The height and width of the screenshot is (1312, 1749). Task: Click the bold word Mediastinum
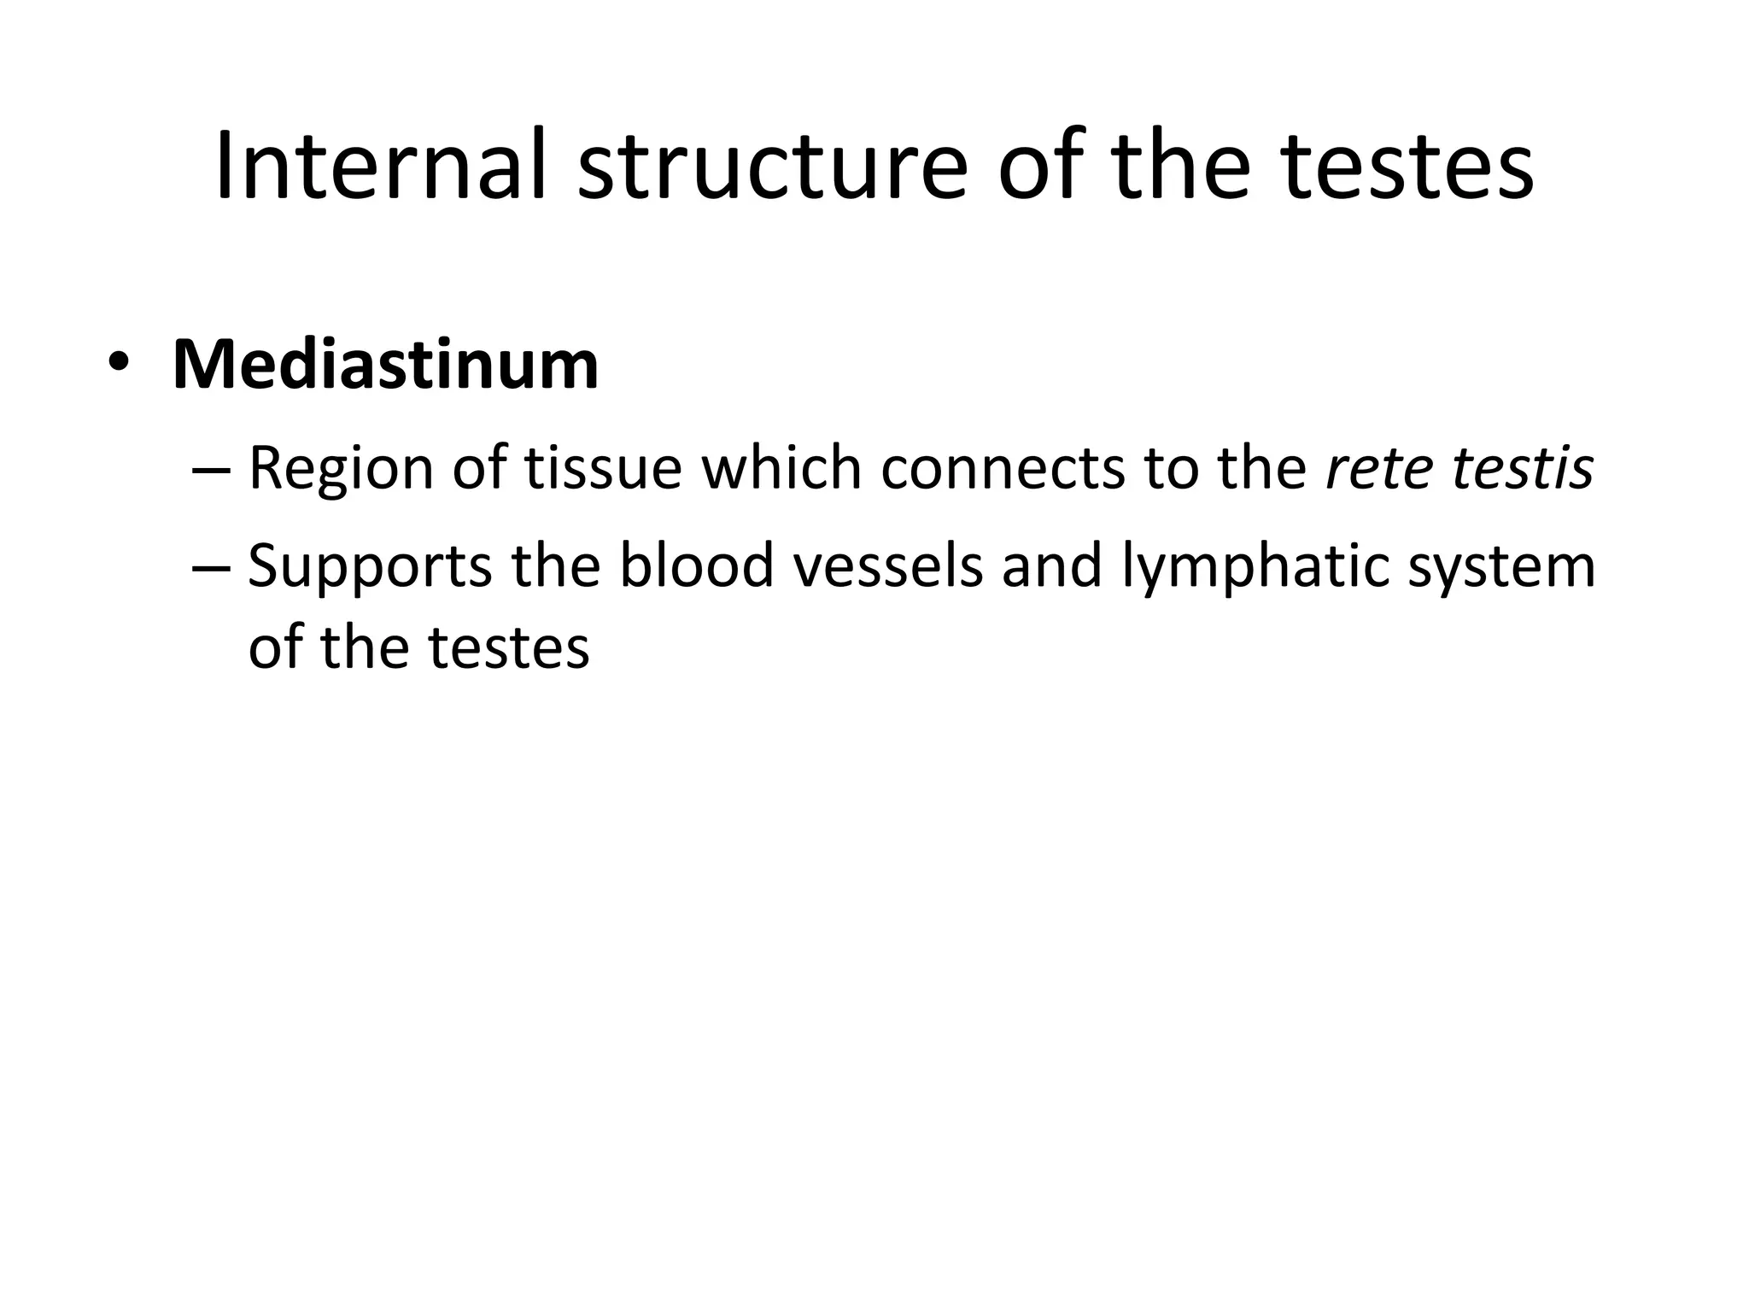tap(385, 366)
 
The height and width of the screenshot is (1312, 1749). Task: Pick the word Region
tap(341, 470)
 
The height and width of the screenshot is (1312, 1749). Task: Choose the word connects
tap(1003, 468)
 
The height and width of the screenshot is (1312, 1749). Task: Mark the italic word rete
tap(1367, 468)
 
